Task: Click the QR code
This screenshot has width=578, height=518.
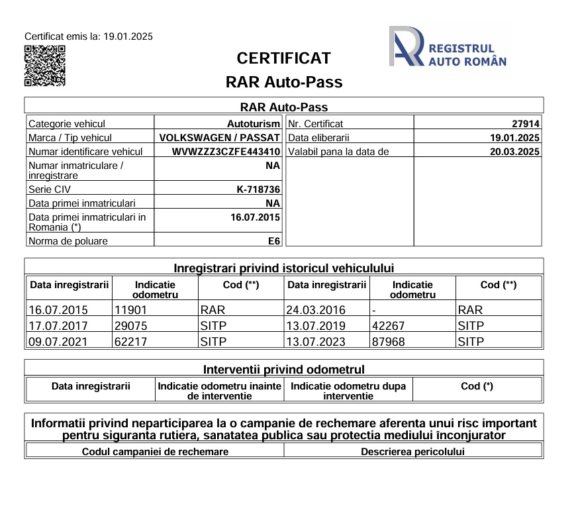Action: click(x=45, y=66)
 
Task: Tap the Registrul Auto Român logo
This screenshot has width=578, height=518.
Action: click(x=448, y=46)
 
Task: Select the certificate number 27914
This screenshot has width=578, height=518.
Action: click(x=526, y=124)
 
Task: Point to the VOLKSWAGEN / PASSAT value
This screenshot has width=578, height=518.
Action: click(x=220, y=138)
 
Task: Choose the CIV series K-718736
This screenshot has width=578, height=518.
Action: click(x=258, y=189)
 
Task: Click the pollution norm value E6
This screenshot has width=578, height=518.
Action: click(x=273, y=241)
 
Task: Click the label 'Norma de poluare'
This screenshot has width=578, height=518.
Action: click(x=68, y=241)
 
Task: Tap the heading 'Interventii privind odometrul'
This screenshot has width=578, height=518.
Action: click(x=283, y=369)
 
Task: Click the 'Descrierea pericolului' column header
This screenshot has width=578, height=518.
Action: click(x=412, y=452)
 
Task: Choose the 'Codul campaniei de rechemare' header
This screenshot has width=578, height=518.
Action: click(x=155, y=452)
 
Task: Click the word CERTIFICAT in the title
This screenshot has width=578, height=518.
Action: click(x=283, y=58)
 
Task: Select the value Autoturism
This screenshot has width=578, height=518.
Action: click(x=254, y=124)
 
